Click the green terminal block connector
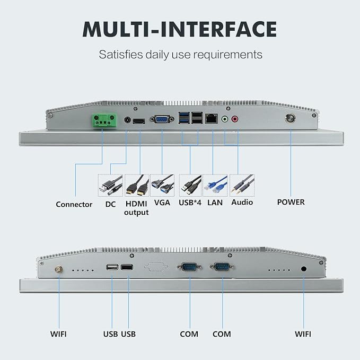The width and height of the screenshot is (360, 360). (x=104, y=120)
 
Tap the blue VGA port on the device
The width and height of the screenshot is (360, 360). (x=162, y=119)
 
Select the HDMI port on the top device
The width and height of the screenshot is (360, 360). (x=139, y=121)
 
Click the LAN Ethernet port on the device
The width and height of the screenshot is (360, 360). (x=212, y=118)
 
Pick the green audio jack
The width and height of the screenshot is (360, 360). (x=225, y=119)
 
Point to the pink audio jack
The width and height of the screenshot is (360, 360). (x=235, y=119)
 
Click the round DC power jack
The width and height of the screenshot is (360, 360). (x=127, y=120)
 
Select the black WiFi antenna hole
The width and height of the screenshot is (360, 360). (x=303, y=269)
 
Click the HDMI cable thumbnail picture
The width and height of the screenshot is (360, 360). (x=137, y=185)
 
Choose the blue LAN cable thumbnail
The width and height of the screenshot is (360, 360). (x=215, y=185)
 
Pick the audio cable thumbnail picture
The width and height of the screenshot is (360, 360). (x=242, y=185)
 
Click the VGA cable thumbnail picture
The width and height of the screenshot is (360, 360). (x=162, y=185)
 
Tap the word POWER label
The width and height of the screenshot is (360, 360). (x=291, y=202)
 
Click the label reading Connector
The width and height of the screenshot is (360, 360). (x=74, y=204)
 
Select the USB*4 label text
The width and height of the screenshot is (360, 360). (x=190, y=203)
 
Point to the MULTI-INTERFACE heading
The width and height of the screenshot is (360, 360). (x=180, y=29)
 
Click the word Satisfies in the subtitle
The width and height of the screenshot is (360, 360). (x=121, y=55)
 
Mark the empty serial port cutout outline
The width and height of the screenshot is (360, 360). (x=156, y=267)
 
